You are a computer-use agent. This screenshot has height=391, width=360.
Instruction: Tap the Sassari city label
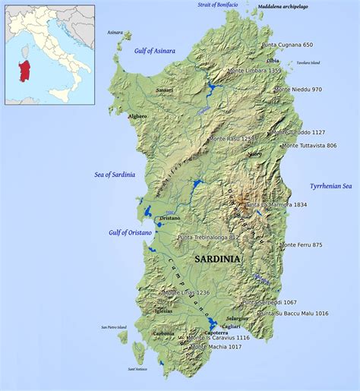click(x=164, y=90)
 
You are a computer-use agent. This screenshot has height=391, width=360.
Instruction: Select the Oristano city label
click(x=169, y=218)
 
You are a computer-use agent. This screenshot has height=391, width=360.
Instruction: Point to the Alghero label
click(x=137, y=116)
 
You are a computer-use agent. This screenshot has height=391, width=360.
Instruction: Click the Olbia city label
click(x=273, y=61)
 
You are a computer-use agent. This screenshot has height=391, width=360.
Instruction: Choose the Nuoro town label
click(x=254, y=153)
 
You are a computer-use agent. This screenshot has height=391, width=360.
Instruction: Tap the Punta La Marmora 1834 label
click(x=276, y=205)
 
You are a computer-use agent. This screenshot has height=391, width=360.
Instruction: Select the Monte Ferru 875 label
click(x=301, y=244)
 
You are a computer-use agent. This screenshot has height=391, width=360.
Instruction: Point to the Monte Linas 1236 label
click(x=186, y=292)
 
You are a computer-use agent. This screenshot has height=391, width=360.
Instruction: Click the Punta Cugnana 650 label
click(x=287, y=46)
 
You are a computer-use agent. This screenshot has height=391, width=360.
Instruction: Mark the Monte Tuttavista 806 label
click(x=309, y=145)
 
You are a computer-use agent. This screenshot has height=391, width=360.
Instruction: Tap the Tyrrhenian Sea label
click(x=330, y=186)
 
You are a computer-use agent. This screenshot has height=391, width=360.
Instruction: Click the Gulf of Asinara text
click(x=154, y=51)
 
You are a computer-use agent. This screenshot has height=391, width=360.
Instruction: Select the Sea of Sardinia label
click(x=115, y=175)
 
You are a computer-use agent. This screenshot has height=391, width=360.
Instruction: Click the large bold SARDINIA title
click(x=217, y=259)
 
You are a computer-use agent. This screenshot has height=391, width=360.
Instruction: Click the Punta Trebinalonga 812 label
click(x=208, y=238)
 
